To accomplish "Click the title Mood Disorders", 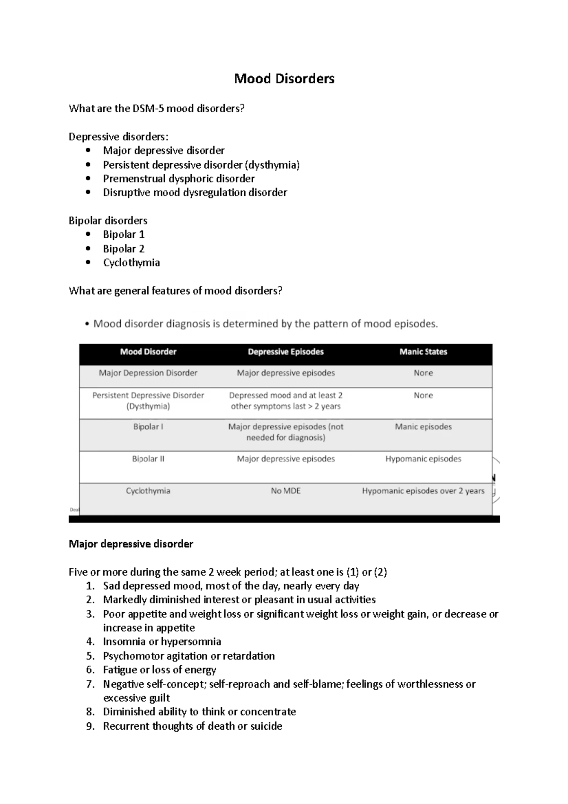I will [284, 79].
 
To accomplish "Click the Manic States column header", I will [423, 352].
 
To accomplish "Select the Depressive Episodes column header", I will [285, 352].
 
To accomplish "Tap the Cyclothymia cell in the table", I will [148, 491].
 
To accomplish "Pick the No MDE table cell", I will [285, 491].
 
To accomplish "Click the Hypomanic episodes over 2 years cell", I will [423, 491].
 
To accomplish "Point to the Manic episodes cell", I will [423, 427].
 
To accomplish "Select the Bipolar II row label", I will [148, 459].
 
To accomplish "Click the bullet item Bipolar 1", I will [124, 234].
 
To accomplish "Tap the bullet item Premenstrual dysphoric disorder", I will [179, 179].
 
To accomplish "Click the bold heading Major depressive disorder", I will [131, 544].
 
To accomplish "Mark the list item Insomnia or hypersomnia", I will [162, 642].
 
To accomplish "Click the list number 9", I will [90, 726].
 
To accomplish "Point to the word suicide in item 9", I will [266, 726].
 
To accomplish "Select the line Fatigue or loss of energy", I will [160, 670].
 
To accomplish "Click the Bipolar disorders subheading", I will [108, 221].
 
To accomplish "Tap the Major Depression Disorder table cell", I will [148, 373].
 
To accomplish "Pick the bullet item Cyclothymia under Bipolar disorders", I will [131, 263].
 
